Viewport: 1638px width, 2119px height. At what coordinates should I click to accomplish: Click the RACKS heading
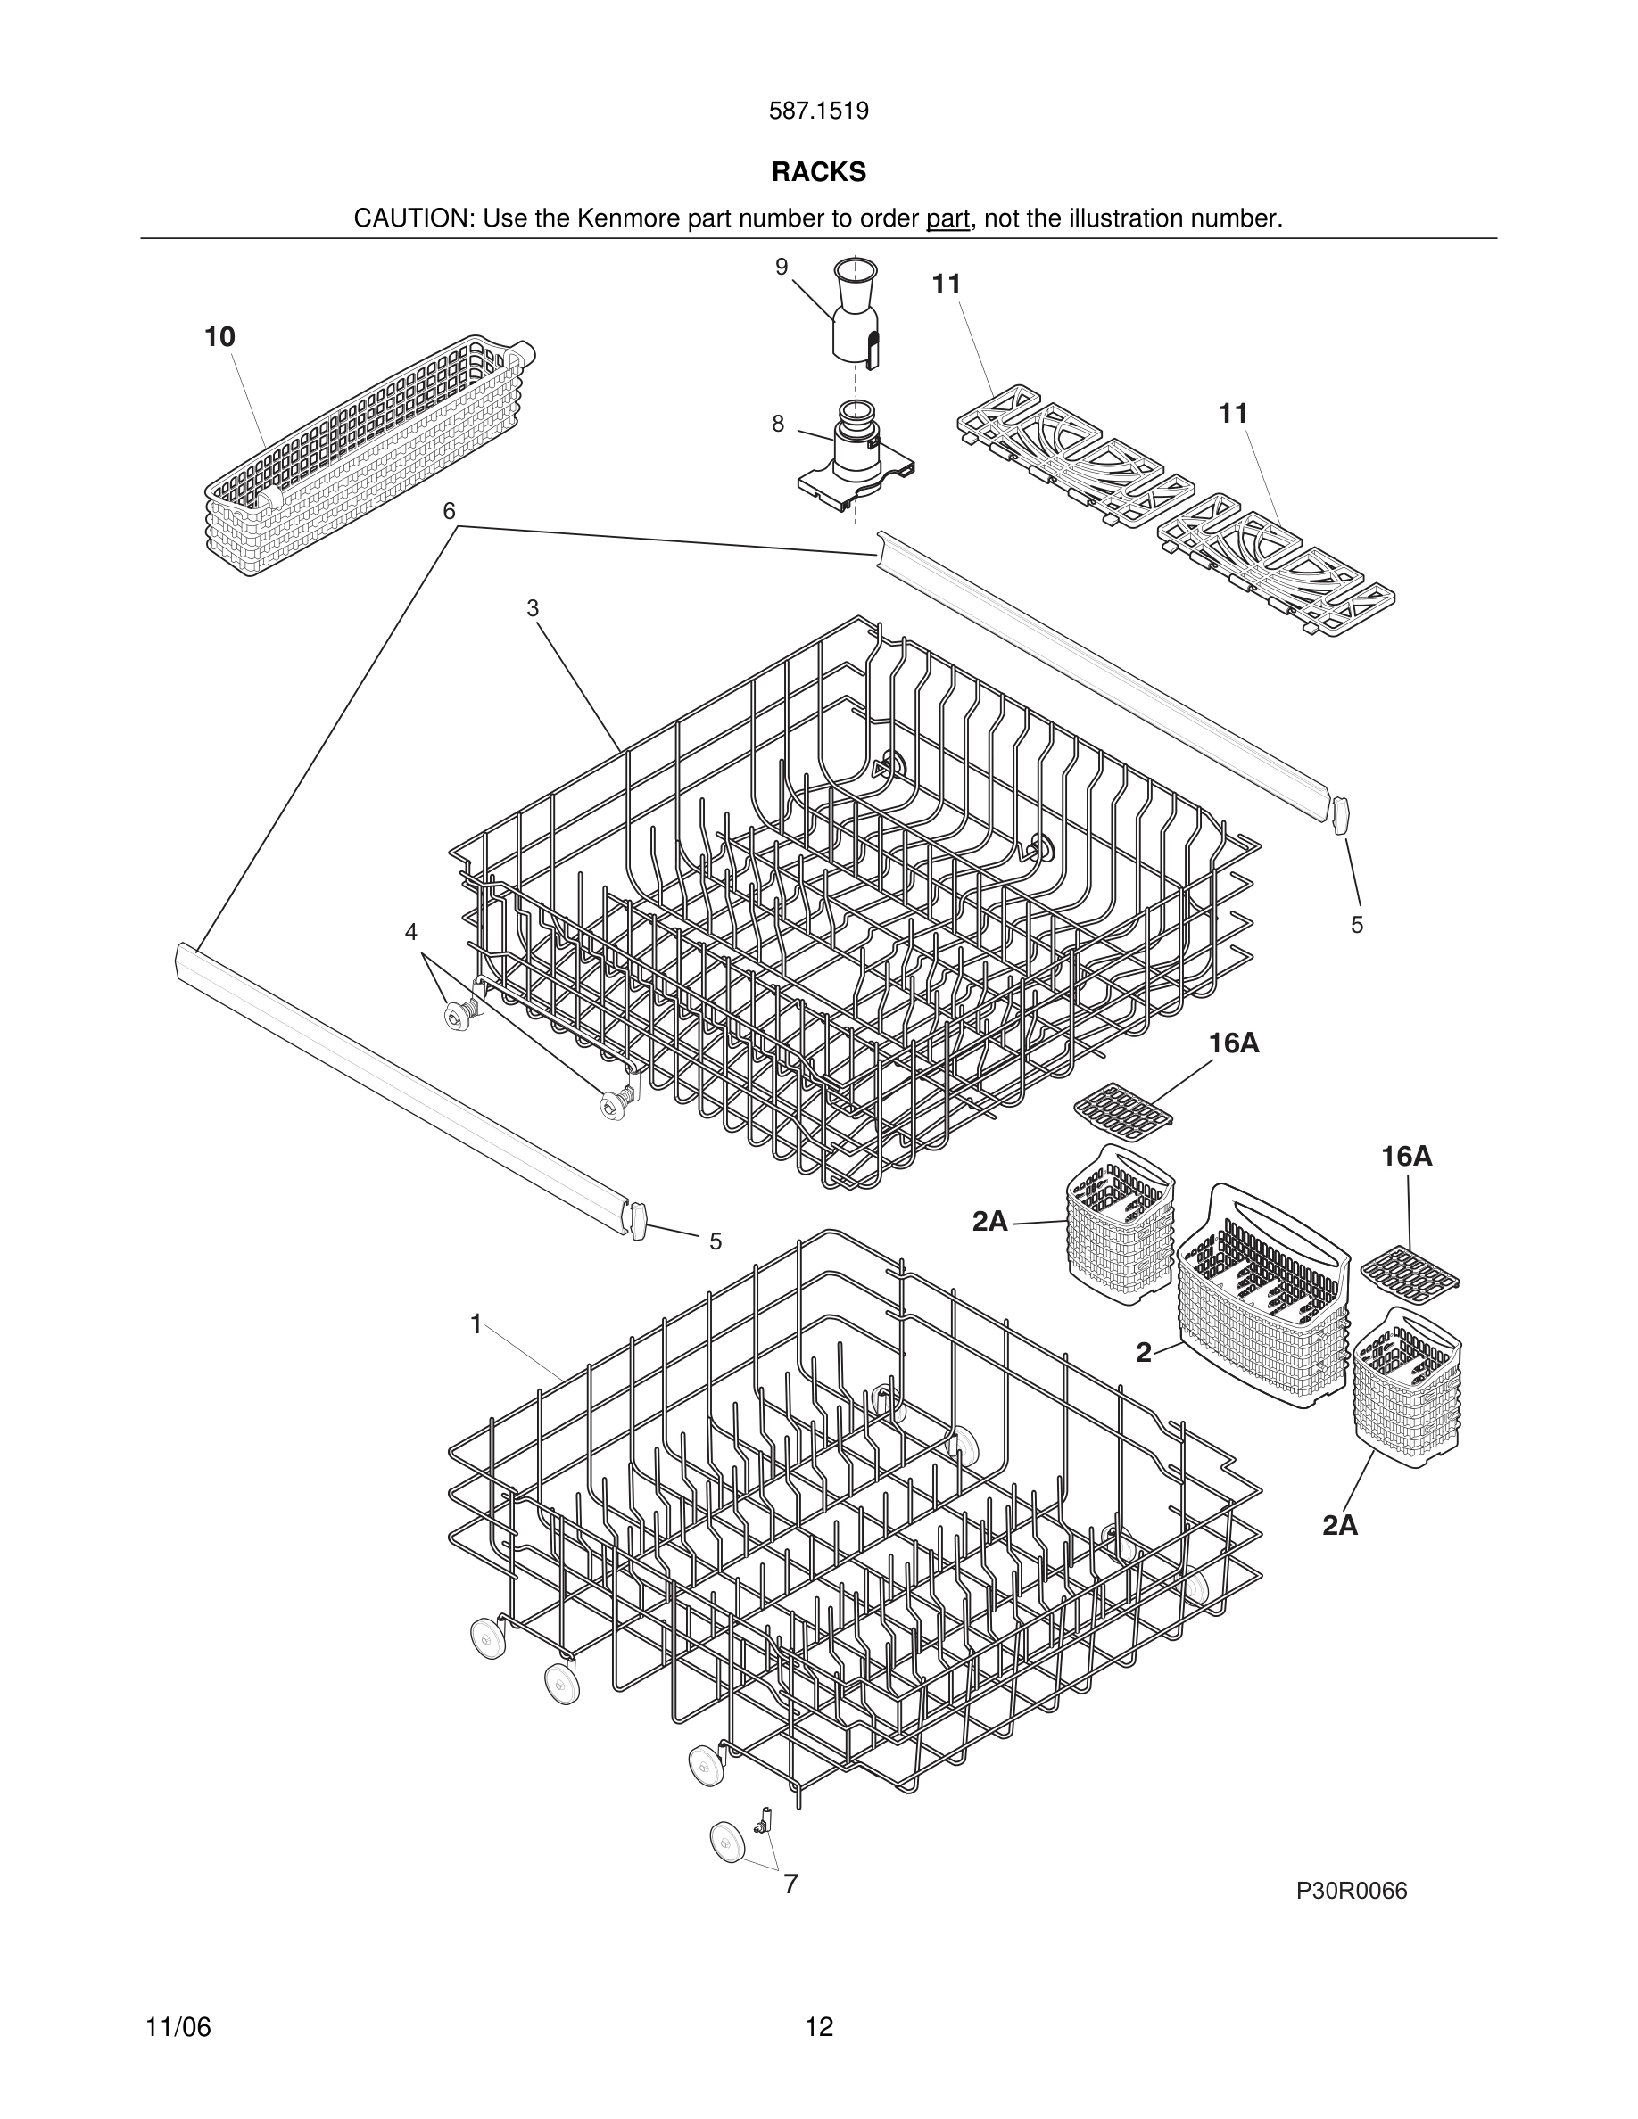point(818,172)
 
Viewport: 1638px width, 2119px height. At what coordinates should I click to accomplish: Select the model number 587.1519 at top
point(818,111)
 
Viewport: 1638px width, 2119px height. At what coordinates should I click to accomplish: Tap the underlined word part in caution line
point(947,219)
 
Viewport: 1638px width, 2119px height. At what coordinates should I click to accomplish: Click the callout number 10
point(219,337)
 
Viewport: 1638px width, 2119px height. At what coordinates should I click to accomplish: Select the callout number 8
point(777,424)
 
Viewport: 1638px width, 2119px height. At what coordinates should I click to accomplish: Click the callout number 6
point(450,510)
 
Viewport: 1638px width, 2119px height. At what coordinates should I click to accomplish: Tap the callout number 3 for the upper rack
point(532,608)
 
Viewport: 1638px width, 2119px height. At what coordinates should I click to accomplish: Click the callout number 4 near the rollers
point(410,931)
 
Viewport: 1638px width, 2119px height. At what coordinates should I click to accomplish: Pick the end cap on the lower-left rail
point(638,1220)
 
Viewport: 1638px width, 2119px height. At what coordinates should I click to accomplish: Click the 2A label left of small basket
point(989,1222)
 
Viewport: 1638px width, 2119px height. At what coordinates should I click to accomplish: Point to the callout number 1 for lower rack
point(476,1323)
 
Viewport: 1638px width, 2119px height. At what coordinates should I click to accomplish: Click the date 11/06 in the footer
point(178,2027)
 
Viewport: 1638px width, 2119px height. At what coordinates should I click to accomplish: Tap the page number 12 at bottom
point(818,2027)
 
